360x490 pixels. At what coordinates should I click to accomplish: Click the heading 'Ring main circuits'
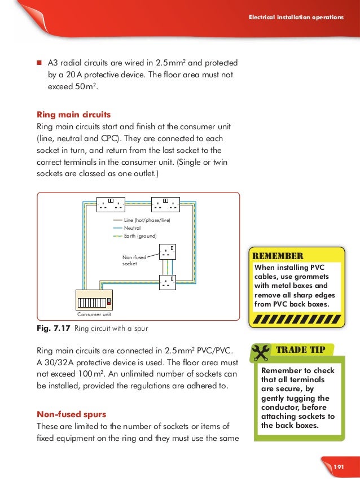click(x=73, y=114)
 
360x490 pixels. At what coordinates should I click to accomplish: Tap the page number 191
click(x=339, y=467)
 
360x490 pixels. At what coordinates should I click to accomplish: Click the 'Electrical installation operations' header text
click(x=296, y=17)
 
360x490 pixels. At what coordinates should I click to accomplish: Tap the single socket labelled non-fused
click(x=166, y=251)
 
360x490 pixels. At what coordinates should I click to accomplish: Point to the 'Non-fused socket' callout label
click(x=134, y=260)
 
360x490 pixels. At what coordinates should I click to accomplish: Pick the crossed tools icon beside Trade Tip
click(x=261, y=352)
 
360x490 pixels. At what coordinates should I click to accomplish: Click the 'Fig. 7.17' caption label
click(x=52, y=326)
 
